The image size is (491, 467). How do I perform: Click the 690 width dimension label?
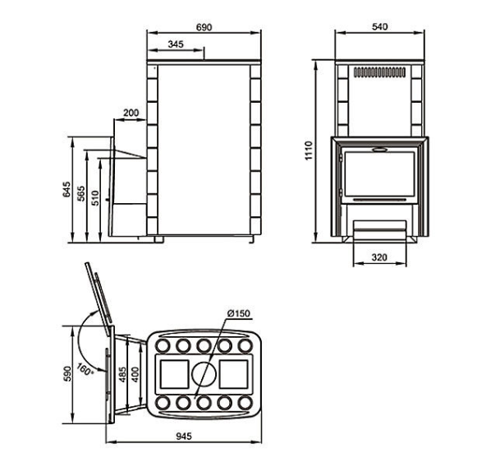204,27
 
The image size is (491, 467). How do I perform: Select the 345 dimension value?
176,44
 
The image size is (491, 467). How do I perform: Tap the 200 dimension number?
131,113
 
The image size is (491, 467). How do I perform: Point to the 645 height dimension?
67,189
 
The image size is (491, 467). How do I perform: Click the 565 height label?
80,193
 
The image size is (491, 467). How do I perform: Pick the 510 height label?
95,198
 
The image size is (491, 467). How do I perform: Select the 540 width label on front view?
379,26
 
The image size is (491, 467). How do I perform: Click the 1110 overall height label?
309,150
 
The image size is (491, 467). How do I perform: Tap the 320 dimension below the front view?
379,257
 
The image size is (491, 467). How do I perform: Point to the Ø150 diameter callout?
239,313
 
